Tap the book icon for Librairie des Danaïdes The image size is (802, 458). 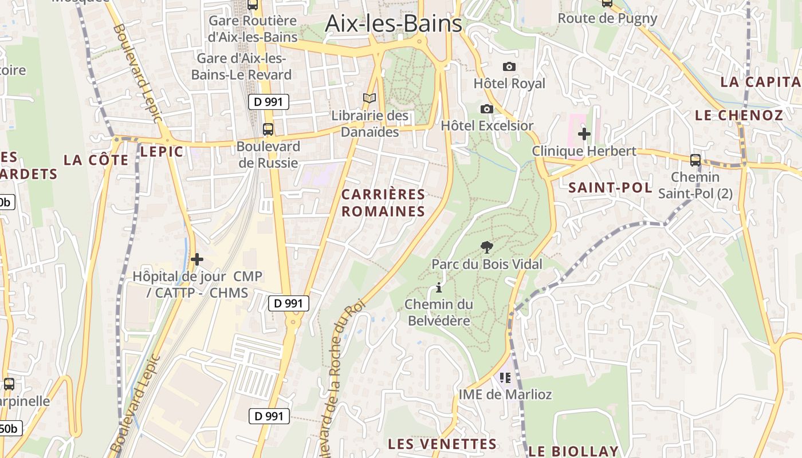tap(369, 98)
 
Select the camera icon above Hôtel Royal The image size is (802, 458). tap(509, 67)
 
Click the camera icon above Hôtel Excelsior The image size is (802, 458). tap(486, 109)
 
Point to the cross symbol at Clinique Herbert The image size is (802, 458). tap(584, 135)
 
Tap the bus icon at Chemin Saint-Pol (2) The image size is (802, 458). tap(695, 160)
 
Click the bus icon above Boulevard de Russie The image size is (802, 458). tap(268, 129)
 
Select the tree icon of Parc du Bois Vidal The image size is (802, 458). tap(486, 247)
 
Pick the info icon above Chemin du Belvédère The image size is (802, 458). tap(439, 287)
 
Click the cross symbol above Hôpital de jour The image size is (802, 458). tap(196, 259)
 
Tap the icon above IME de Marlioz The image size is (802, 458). tap(505, 378)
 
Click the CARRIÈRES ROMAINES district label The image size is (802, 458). tap(383, 203)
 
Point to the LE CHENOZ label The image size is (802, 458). tap(738, 115)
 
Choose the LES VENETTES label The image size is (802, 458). tap(442, 444)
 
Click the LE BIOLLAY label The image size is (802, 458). tap(573, 451)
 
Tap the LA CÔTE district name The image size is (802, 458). tap(96, 160)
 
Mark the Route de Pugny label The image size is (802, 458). tap(607, 18)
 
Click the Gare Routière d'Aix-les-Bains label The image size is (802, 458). tap(253, 29)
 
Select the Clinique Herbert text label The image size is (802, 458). tap(584, 151)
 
